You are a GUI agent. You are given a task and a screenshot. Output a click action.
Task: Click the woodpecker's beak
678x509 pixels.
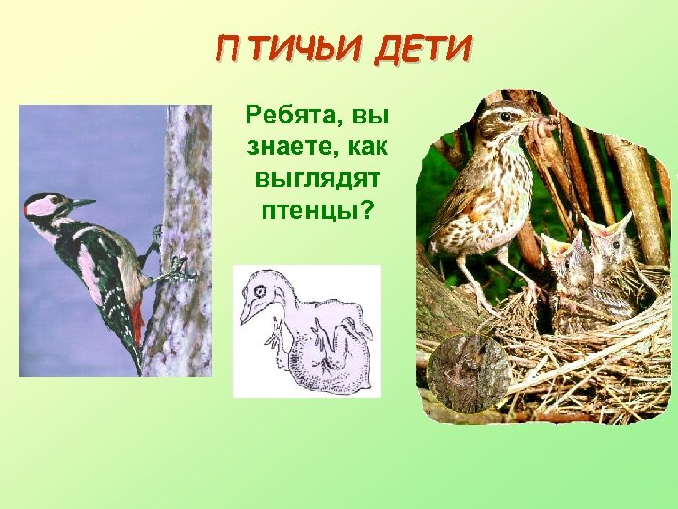coord(83,203)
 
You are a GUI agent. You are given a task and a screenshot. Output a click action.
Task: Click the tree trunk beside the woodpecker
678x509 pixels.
coord(184,189)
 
